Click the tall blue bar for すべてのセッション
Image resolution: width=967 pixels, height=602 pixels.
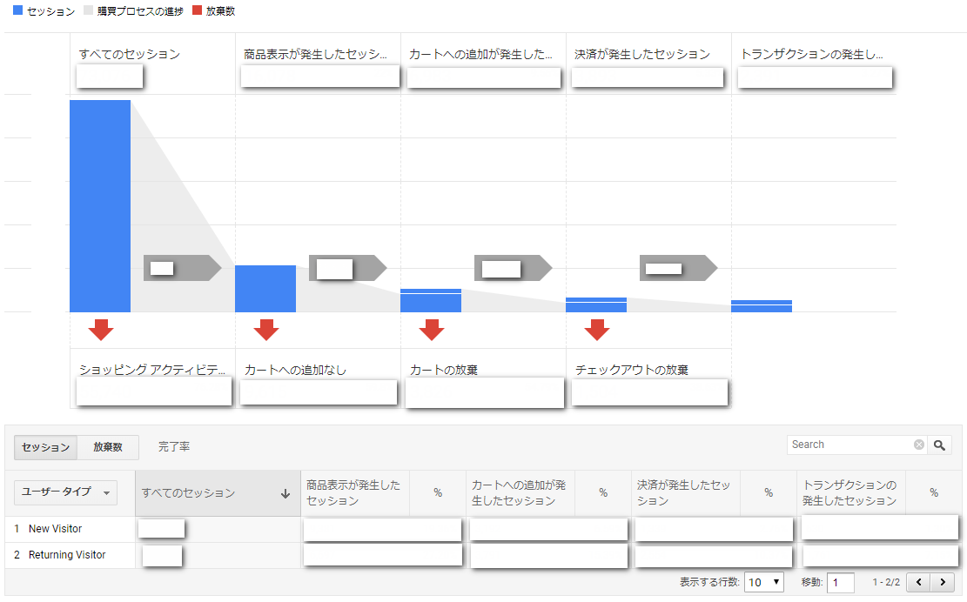click(100, 206)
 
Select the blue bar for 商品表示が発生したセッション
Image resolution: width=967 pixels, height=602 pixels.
click(265, 289)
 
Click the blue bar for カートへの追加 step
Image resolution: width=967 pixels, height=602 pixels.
click(431, 301)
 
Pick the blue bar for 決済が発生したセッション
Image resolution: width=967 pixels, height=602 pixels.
click(595, 305)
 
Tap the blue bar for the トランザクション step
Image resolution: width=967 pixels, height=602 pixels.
click(761, 306)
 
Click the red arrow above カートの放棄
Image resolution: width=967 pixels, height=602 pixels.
click(432, 330)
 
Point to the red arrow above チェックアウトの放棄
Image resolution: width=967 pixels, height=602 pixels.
click(597, 330)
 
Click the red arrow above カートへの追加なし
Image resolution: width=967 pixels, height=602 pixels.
click(266, 330)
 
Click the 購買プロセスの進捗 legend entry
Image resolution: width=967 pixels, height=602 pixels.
click(133, 11)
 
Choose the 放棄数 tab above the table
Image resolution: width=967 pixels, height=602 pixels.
click(108, 447)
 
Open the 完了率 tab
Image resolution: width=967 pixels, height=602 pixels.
click(174, 447)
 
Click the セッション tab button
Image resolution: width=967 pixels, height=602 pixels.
click(45, 447)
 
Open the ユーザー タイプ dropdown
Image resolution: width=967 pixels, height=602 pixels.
click(65, 492)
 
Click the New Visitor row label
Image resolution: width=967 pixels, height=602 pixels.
click(55, 529)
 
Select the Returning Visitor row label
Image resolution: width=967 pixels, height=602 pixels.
click(67, 554)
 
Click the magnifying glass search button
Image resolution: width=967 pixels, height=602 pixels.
click(939, 445)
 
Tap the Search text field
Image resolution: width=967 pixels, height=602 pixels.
click(851, 445)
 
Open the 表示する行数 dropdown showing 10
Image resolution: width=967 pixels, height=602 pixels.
click(763, 582)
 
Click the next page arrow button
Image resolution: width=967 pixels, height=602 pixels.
click(943, 582)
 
